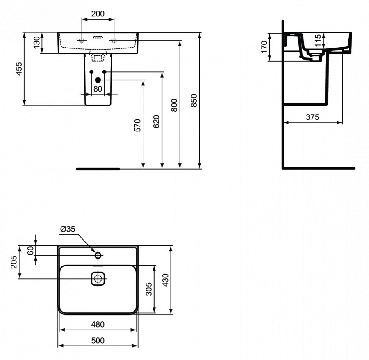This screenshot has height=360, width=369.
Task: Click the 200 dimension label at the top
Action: (x=98, y=14)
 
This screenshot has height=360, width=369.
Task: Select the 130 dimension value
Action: (x=36, y=43)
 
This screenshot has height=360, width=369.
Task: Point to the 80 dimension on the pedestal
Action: (x=98, y=88)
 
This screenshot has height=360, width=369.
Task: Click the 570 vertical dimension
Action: (x=138, y=125)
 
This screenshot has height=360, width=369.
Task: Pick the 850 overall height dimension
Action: (x=194, y=101)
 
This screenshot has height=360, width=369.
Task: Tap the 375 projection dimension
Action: (x=312, y=117)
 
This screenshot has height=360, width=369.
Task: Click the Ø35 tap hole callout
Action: (x=68, y=229)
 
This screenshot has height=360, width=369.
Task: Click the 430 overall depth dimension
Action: (x=166, y=280)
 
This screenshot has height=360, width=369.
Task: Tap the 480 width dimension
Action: (x=98, y=324)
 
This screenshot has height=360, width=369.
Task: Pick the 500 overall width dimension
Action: (x=98, y=341)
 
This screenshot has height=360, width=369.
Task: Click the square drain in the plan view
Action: (x=98, y=280)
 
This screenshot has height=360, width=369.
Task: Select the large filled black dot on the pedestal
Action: (x=98, y=80)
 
